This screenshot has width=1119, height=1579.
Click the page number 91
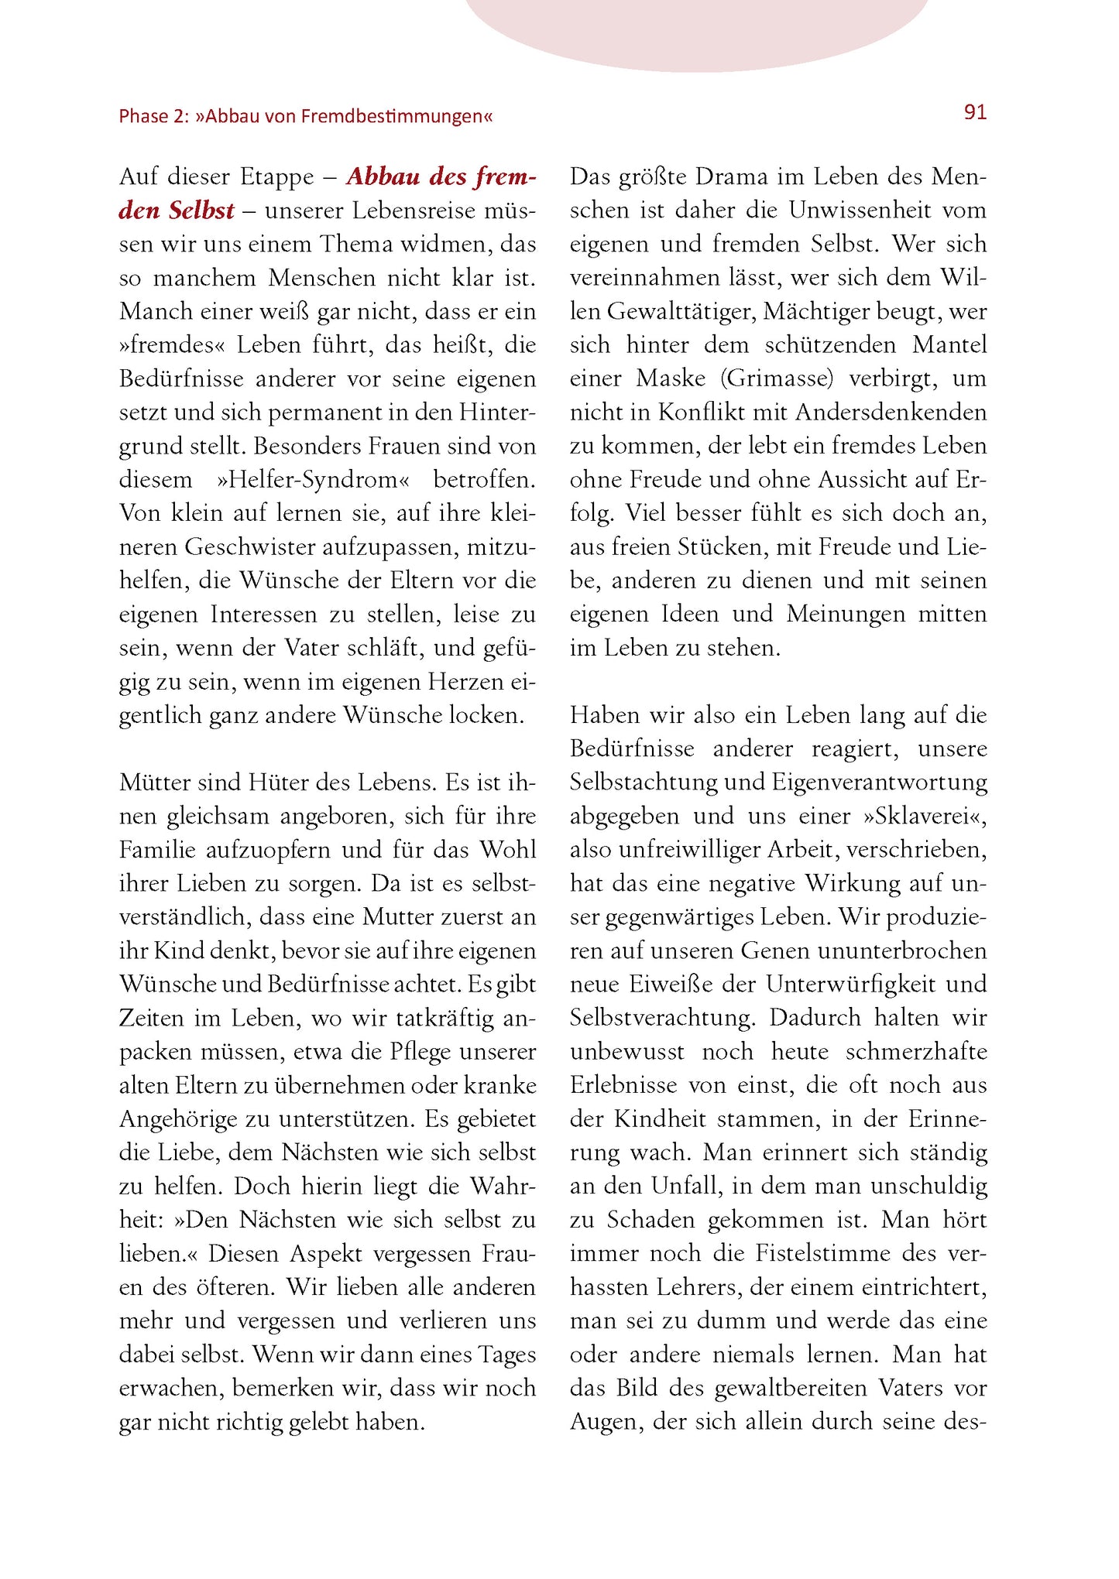coord(975,113)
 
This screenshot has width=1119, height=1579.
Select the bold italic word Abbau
coord(383,177)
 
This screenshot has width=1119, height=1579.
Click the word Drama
coord(731,177)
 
